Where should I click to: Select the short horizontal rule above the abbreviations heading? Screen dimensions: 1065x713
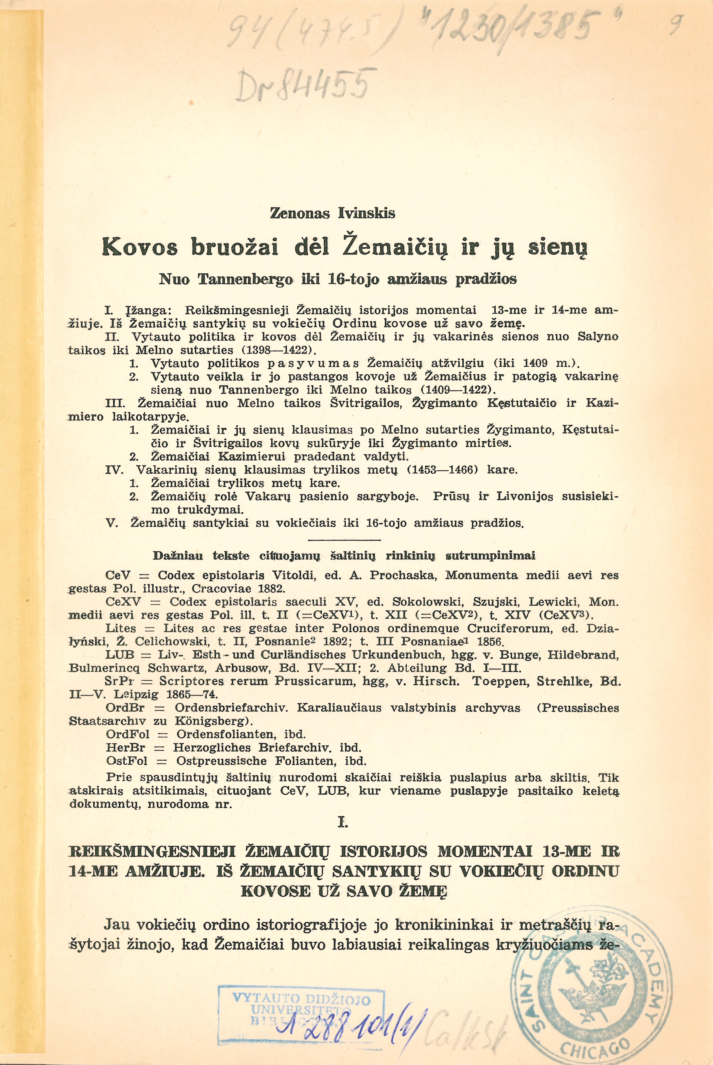(344, 540)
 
